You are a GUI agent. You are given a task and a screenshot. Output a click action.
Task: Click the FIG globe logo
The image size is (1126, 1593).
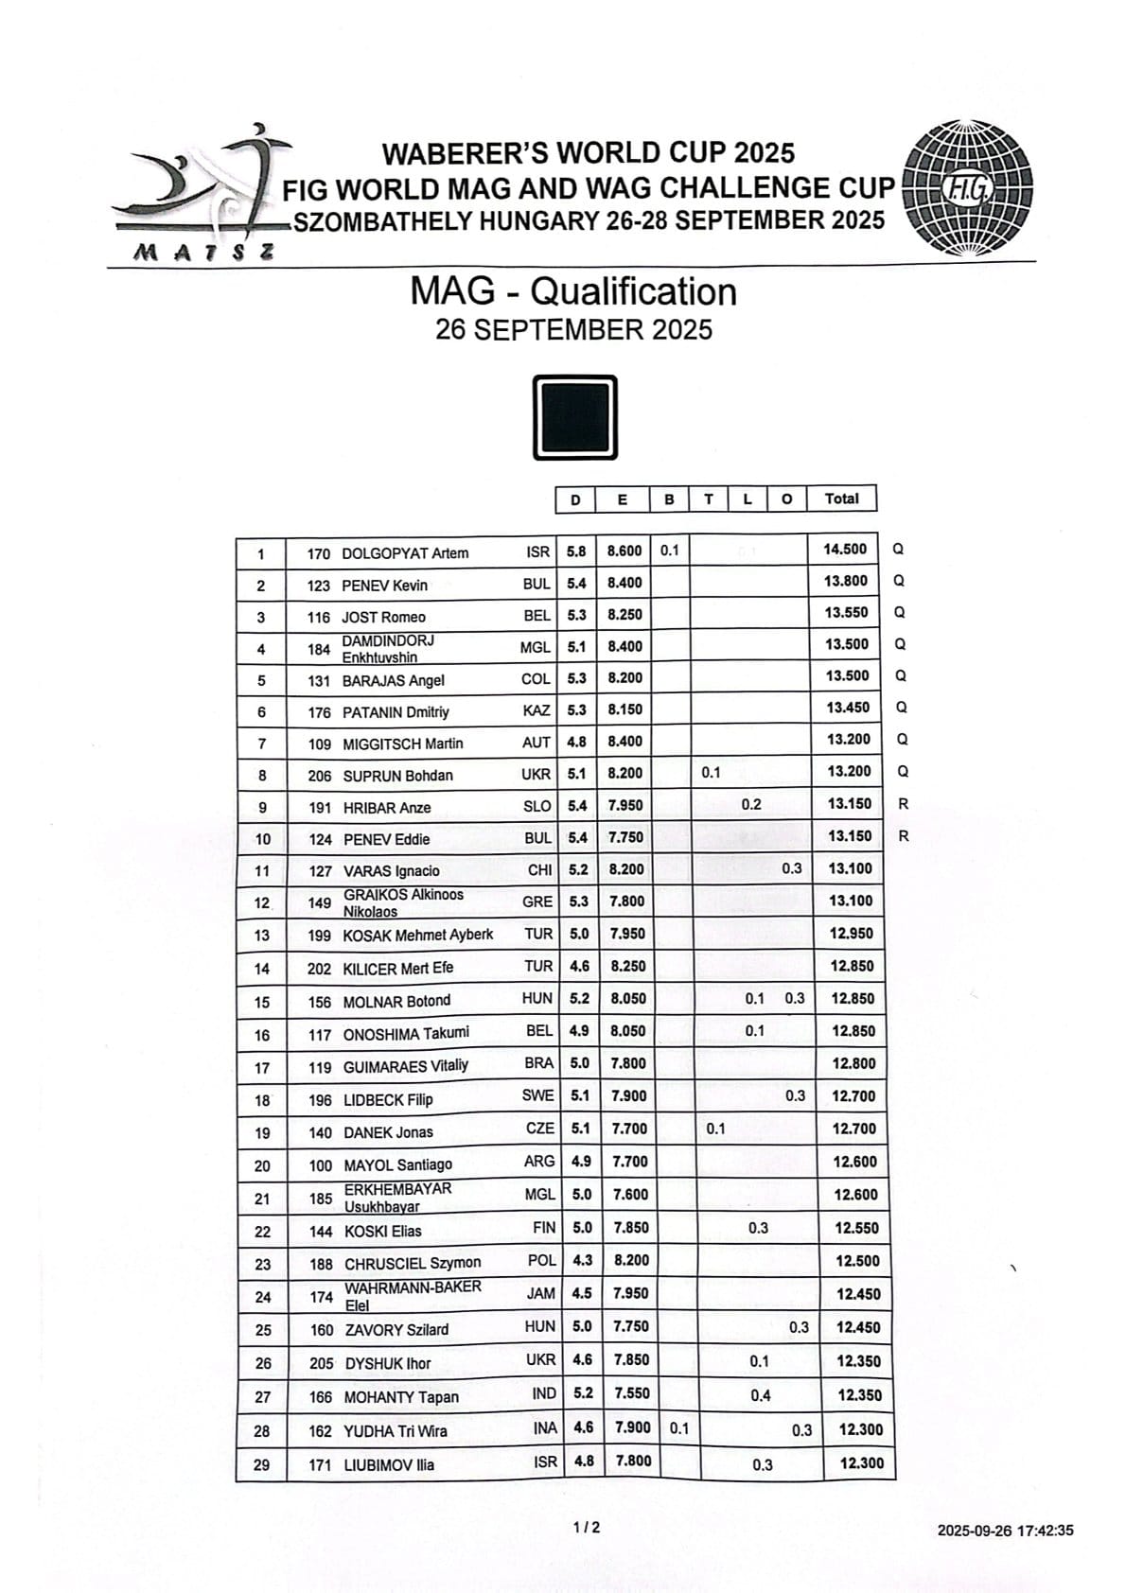(969, 189)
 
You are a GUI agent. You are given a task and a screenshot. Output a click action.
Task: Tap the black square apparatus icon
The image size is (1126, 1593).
(575, 417)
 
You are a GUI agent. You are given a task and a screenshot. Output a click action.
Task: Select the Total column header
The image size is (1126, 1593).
(841, 499)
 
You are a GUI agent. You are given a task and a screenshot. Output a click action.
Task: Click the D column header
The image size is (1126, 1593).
(575, 499)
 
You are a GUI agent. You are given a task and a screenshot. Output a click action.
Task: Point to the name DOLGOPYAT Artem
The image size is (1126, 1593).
(405, 553)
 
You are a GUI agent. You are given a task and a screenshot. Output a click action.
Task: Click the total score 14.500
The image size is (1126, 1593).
(845, 550)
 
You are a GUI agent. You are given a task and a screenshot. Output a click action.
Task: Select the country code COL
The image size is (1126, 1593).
(537, 679)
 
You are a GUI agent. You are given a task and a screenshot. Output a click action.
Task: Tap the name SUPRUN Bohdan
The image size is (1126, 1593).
(397, 776)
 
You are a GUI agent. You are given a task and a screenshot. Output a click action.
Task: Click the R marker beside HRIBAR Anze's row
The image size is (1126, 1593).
(903, 804)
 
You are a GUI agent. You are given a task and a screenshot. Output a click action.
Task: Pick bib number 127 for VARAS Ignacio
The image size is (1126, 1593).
(320, 871)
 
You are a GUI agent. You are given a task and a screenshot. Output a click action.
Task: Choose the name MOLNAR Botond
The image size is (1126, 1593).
(396, 1001)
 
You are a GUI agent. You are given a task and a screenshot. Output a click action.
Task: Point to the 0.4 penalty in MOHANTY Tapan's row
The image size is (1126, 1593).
(760, 1395)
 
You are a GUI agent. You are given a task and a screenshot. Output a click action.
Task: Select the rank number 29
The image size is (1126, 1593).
(262, 1465)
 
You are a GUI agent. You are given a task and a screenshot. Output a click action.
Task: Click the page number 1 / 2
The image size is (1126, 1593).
(587, 1527)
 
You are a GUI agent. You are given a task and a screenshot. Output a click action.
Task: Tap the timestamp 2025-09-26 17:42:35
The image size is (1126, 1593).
(1005, 1531)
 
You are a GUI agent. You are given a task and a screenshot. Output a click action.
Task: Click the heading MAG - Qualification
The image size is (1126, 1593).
(572, 291)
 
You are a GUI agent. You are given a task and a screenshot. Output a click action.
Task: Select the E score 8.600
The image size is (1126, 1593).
(624, 551)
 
